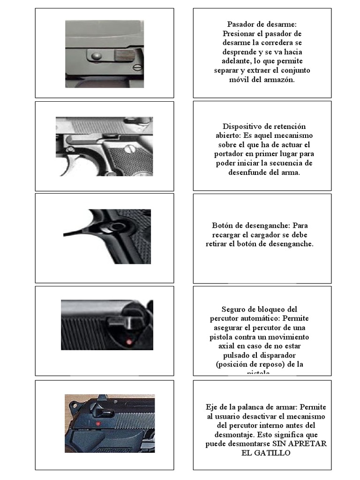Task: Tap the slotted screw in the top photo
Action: coord(136,67)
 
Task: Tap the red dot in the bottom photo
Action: coord(98,423)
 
